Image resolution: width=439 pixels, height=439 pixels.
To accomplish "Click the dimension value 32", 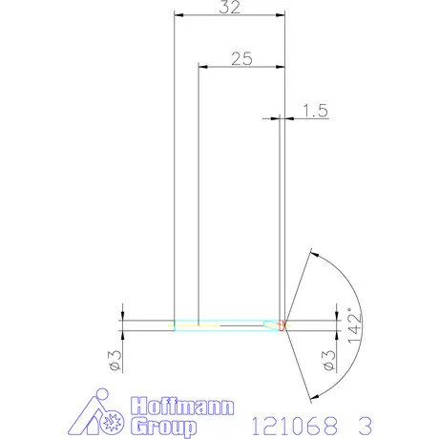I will (x=230, y=8).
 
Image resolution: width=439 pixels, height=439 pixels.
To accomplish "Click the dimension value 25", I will (x=241, y=58).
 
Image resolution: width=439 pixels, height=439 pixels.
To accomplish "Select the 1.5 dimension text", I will (x=315, y=111).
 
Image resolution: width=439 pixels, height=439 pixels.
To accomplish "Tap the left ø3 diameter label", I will (x=113, y=360).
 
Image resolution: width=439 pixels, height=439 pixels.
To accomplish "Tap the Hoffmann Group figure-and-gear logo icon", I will (x=101, y=415).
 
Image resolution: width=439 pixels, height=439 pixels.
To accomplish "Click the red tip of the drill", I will (x=283, y=324).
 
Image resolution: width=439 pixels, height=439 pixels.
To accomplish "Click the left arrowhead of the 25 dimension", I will (x=202, y=66).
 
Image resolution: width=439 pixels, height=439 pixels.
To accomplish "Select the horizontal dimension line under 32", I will (x=230, y=15).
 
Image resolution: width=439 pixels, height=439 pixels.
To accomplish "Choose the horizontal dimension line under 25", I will (x=241, y=66).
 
